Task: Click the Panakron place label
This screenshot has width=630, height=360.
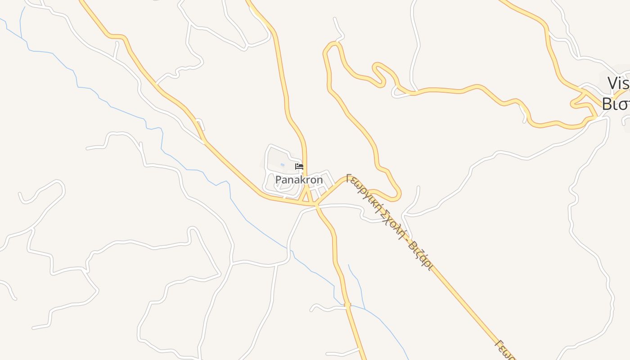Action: pos(299,180)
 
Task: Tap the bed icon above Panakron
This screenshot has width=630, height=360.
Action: pos(299,167)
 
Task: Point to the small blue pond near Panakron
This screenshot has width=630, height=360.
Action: pos(283,165)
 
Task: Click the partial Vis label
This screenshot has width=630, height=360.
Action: pos(618,84)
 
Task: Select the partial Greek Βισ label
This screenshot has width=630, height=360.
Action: pos(615,104)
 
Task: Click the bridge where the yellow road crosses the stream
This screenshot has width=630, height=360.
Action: pos(347,305)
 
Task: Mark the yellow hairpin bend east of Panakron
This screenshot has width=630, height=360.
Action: pos(398,195)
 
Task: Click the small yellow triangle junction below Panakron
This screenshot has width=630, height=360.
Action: pos(307,197)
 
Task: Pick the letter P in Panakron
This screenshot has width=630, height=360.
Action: pos(278,180)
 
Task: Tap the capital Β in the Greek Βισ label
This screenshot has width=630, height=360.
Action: pos(607,104)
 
